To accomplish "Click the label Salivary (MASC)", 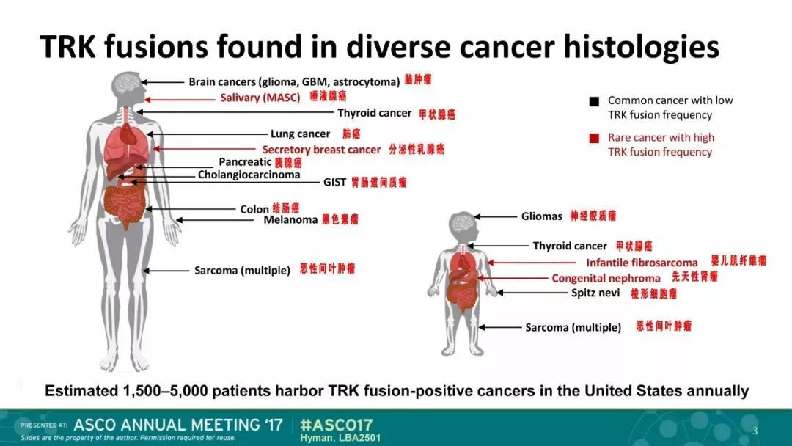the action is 260,98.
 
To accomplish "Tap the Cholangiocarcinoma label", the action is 249,175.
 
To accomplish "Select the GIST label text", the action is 334,182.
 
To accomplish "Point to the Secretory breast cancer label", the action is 321,150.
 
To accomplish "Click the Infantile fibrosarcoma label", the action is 642,263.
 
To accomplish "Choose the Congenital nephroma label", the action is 606,278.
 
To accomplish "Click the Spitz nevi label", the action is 595,293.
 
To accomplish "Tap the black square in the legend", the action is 594,101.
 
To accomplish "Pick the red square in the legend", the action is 594,138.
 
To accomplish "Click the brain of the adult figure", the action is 128,83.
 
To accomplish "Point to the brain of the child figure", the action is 462,222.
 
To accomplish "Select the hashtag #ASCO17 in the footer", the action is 336,424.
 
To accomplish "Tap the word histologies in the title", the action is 641,47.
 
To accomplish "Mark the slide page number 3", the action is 755,431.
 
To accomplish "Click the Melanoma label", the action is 290,220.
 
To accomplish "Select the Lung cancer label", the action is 300,134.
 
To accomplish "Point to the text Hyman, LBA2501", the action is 340,438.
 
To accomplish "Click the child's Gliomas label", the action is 541,216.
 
